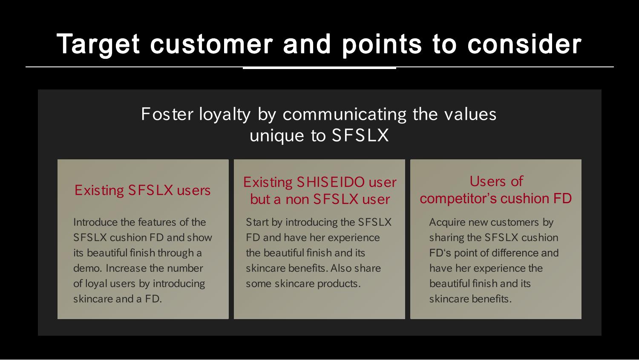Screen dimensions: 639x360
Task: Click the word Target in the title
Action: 98,44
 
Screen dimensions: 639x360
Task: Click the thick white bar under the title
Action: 319,68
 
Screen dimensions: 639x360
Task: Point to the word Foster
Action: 167,114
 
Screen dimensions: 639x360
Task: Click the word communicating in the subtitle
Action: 345,115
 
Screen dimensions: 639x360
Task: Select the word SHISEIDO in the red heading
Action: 331,182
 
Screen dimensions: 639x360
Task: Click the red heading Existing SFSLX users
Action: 142,190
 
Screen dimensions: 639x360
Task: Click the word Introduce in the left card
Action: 95,222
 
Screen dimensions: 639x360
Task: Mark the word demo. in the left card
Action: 87,268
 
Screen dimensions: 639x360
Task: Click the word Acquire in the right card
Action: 447,222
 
